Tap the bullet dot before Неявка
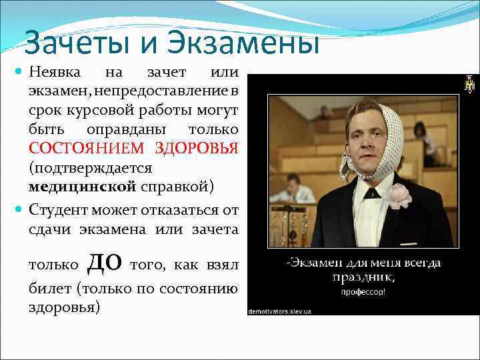point(18,71)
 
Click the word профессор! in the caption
point(363,291)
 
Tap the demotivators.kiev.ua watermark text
point(281,310)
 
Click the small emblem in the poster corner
point(469,84)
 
